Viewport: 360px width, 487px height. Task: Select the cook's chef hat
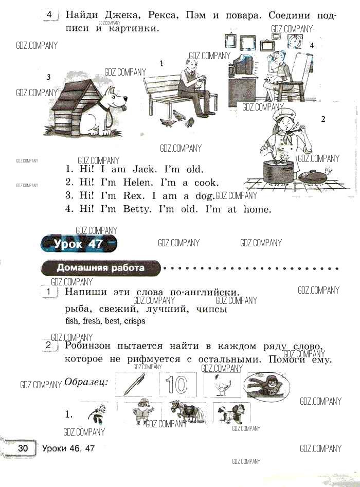282,113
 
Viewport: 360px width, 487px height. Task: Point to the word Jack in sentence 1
143,169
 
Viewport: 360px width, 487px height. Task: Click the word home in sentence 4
257,209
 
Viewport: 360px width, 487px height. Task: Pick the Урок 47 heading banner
79,244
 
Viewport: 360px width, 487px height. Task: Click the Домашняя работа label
101,268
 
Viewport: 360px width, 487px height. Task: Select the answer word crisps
135,321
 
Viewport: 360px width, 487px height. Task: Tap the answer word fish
72,321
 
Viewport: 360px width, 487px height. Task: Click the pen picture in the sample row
135,384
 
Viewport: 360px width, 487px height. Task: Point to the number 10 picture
178,384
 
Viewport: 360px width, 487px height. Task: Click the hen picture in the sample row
222,385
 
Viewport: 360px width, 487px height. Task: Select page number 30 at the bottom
23,448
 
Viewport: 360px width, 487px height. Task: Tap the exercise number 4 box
50,15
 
